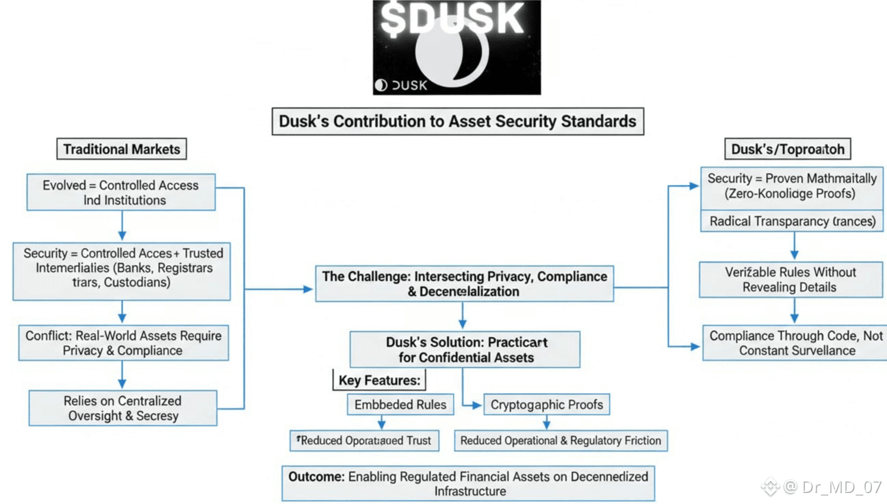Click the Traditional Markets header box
121,149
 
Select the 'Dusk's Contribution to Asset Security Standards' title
457,121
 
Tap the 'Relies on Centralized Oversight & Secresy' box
123,408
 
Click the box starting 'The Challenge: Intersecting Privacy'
464,283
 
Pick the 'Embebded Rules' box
400,405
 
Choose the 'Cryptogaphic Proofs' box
546,405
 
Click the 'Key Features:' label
379,380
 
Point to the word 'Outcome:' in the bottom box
316,477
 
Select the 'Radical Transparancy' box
792,221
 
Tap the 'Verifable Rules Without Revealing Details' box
790,279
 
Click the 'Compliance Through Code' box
796,343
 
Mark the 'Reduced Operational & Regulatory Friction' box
561,440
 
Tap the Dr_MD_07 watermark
831,487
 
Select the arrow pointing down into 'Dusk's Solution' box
463,323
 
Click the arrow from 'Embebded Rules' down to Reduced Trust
382,423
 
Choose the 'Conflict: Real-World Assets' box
123,343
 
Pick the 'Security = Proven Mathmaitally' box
792,186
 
